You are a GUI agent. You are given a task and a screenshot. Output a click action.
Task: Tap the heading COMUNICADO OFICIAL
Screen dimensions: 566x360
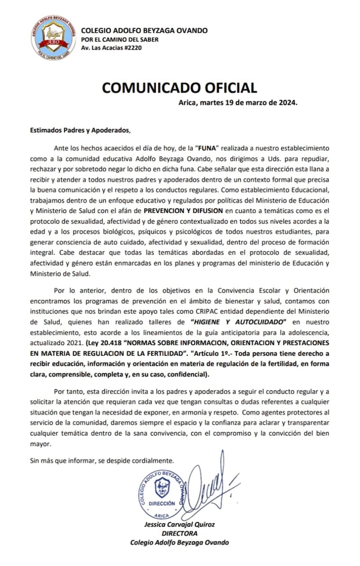click(179, 87)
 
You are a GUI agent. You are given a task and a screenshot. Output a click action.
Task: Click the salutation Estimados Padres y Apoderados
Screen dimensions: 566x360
click(79, 131)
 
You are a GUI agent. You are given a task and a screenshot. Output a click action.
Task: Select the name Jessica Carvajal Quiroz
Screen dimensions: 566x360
click(179, 525)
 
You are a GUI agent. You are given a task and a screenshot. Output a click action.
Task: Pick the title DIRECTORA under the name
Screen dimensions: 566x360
click(179, 533)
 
